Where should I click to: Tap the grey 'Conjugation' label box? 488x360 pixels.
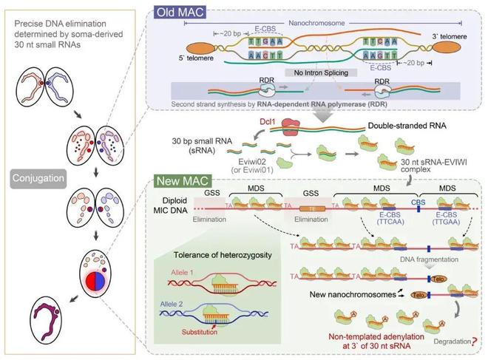tap(41, 178)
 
